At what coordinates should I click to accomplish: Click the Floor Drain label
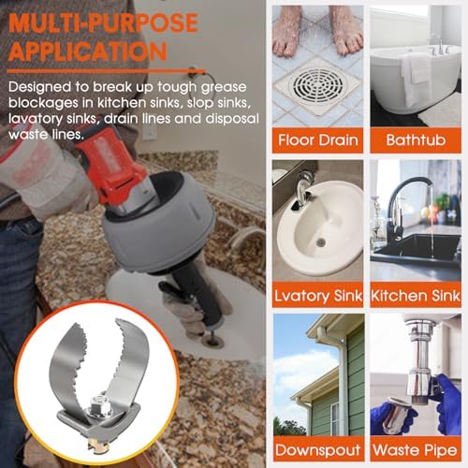click(318, 140)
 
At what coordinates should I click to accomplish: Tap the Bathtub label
click(416, 140)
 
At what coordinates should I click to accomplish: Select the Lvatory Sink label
click(318, 296)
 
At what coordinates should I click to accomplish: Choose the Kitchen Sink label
click(416, 296)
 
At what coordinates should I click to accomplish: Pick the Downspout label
click(318, 450)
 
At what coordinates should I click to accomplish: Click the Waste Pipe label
click(415, 450)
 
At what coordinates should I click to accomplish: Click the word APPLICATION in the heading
click(88, 51)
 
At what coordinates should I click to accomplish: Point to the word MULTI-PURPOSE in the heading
click(103, 22)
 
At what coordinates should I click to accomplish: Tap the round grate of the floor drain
click(317, 84)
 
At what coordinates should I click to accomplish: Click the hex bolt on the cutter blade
click(100, 404)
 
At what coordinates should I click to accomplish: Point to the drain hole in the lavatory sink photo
click(321, 241)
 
